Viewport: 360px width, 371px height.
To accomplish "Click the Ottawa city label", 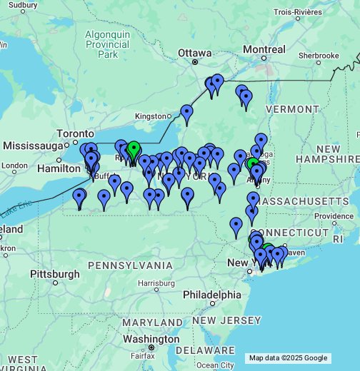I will (195, 54).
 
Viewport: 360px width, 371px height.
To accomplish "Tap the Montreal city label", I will (264, 49).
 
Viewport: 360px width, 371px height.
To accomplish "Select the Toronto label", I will (76, 133).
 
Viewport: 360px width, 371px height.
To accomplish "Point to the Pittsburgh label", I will (55, 273).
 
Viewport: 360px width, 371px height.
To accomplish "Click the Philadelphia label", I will (211, 295).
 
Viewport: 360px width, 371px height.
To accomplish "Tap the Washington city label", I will (155, 339).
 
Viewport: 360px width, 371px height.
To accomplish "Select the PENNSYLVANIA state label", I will (130, 265).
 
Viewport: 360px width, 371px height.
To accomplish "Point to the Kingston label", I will (149, 116).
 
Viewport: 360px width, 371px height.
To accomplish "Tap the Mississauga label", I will (34, 146).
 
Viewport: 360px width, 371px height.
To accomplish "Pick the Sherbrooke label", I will (319, 55).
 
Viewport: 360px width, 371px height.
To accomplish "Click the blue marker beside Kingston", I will (186, 112).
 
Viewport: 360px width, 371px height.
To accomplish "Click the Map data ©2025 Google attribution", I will (288, 358).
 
